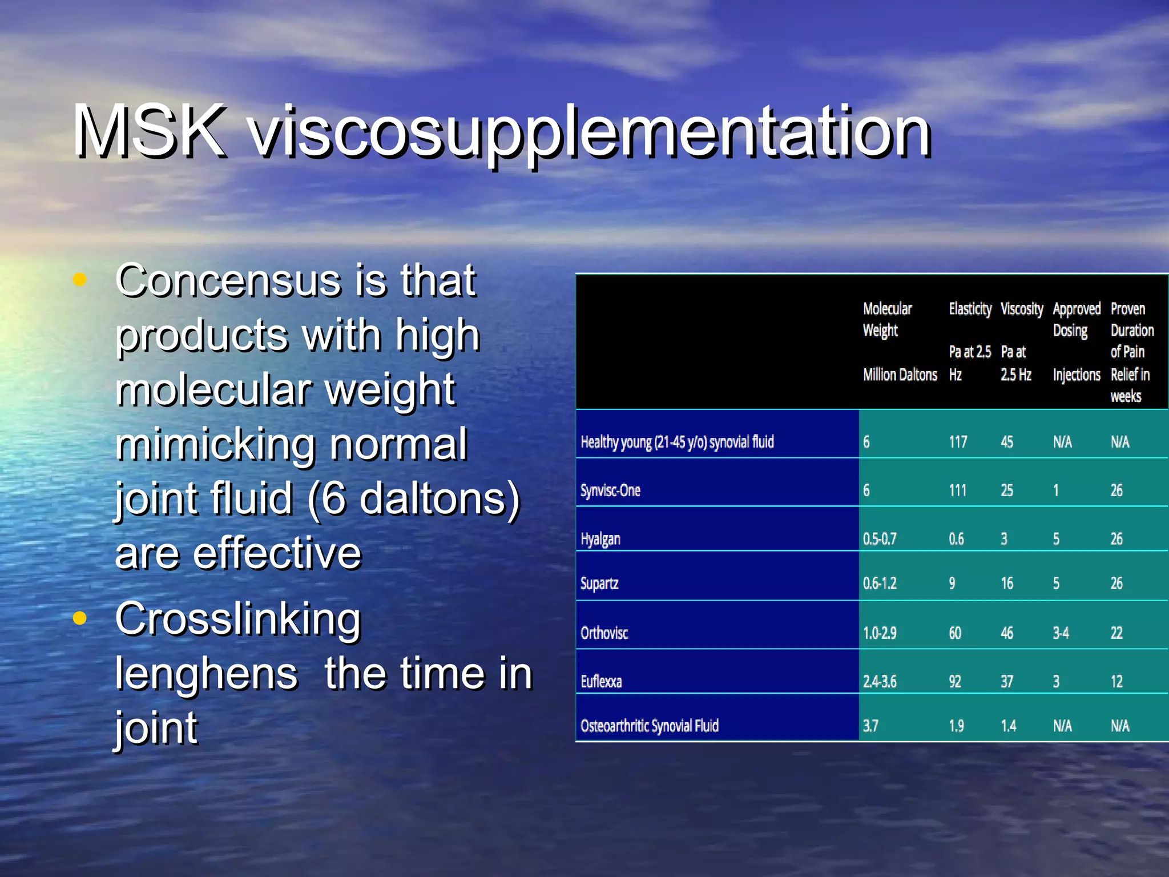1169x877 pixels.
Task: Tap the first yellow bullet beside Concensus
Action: pyautogui.click(x=80, y=280)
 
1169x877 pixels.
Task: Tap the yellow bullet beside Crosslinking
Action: pyautogui.click(x=80, y=618)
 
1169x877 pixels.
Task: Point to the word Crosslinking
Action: pyautogui.click(x=238, y=619)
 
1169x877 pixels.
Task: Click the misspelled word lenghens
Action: pyautogui.click(x=207, y=674)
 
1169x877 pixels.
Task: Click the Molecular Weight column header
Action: pyautogui.click(x=888, y=320)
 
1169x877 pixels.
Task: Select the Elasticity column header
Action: pyautogui.click(x=970, y=309)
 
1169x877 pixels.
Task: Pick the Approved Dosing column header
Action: pyautogui.click(x=1077, y=320)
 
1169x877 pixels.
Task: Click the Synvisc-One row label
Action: pyautogui.click(x=610, y=490)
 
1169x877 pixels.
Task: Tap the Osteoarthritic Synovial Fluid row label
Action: pyautogui.click(x=650, y=726)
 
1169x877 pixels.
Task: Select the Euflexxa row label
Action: pyautogui.click(x=601, y=682)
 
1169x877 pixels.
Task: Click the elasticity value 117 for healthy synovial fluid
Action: pyautogui.click(x=958, y=442)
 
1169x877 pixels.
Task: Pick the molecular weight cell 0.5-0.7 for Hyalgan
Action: pyautogui.click(x=880, y=539)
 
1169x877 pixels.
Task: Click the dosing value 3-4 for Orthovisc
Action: pyautogui.click(x=1061, y=633)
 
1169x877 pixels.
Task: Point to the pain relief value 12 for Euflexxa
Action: pyautogui.click(x=1116, y=682)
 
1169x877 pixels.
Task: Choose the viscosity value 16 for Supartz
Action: pyautogui.click(x=1007, y=584)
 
